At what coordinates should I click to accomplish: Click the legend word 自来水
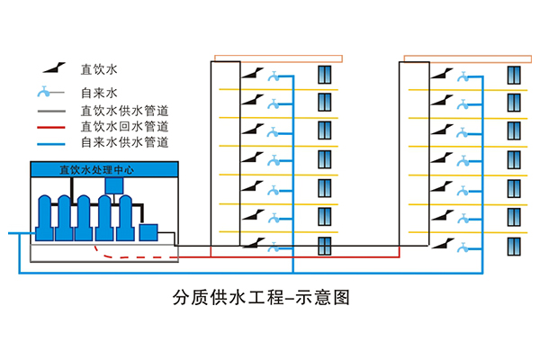[x=100, y=93]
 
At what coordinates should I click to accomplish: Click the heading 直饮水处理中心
[x=95, y=169]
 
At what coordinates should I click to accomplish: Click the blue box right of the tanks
[x=149, y=233]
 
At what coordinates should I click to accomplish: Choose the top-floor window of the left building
[x=325, y=74]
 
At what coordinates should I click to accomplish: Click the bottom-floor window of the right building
[x=514, y=247]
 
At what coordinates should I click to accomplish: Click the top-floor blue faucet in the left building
[x=273, y=76]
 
